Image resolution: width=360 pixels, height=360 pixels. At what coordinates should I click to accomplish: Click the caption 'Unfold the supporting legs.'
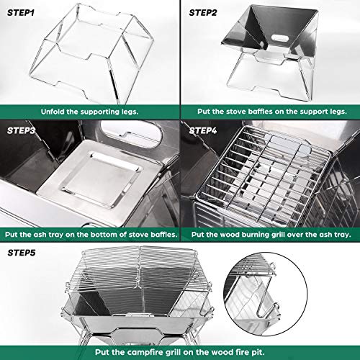pyautogui.click(x=89, y=112)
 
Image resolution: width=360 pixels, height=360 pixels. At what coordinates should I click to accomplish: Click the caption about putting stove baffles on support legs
pyautogui.click(x=270, y=112)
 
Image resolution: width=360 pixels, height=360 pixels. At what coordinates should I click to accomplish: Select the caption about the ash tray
pyautogui.click(x=89, y=235)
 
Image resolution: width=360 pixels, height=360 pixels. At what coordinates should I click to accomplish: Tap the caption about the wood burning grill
pyautogui.click(x=270, y=235)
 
